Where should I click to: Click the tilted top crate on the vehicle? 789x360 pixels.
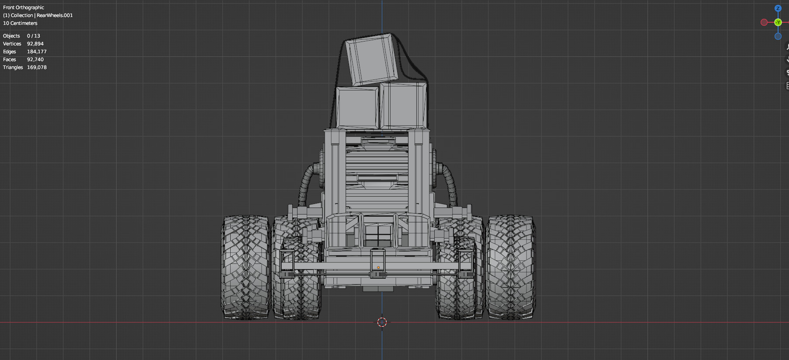tap(372, 59)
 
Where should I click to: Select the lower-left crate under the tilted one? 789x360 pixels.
tap(357, 107)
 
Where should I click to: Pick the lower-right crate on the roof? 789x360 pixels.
tap(403, 106)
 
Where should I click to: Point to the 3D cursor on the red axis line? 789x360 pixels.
tap(382, 322)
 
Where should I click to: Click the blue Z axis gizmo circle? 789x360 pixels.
tap(778, 8)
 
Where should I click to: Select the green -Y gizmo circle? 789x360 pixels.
tap(778, 22)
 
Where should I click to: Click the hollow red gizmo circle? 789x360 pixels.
tap(764, 22)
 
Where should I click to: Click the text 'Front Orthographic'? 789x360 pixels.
tap(24, 7)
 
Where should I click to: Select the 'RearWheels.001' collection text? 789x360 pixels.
tap(55, 15)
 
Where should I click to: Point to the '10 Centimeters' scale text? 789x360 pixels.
tap(20, 23)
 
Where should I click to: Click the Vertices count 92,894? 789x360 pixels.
tap(35, 44)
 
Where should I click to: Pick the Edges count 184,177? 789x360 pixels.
tap(37, 52)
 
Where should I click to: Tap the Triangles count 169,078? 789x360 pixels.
tap(37, 67)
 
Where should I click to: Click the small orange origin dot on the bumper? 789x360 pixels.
tap(378, 267)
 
